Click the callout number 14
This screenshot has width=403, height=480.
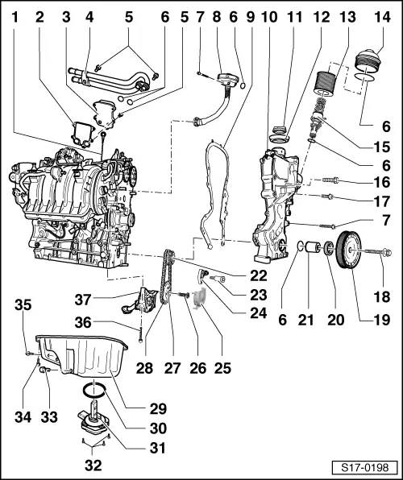[x=375, y=16]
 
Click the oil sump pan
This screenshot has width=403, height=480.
[x=81, y=355]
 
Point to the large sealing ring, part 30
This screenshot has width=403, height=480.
[x=95, y=391]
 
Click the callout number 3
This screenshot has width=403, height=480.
[x=67, y=16]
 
